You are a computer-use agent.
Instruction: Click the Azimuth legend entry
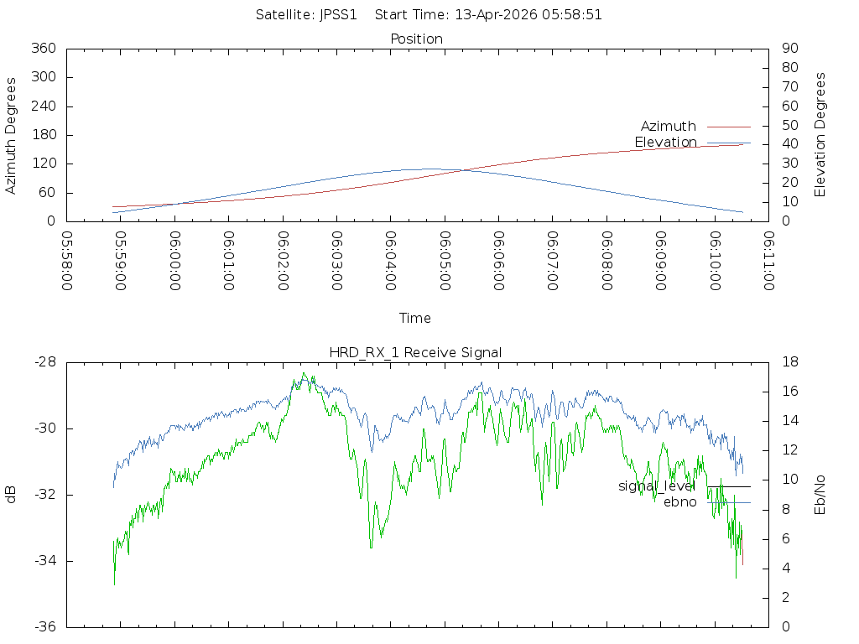669,127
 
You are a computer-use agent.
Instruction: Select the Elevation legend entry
665,143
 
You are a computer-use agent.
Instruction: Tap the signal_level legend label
657,486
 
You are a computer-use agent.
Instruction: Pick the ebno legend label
679,502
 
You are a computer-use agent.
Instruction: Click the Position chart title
416,39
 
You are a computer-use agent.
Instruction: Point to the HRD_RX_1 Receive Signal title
415,353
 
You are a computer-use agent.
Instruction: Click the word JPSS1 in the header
339,15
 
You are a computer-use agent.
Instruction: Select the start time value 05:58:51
572,15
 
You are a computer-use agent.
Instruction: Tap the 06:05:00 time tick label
445,261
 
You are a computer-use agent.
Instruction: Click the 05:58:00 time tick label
67,261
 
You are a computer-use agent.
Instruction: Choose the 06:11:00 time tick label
769,261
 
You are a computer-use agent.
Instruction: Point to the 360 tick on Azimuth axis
44,48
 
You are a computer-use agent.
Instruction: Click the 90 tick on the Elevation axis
790,48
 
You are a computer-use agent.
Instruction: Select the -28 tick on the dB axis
45,362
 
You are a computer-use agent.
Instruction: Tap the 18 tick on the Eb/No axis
790,362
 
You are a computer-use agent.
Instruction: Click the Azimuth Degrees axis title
11,136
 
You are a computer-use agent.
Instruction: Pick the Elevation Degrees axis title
820,135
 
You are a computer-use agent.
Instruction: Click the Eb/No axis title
820,495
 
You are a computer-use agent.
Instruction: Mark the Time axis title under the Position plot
414,318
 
